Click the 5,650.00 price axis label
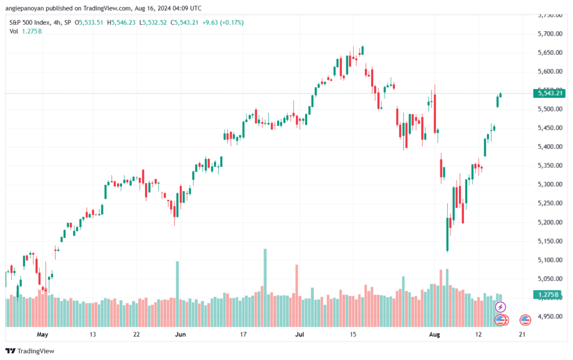(549, 53)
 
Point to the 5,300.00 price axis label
(549, 184)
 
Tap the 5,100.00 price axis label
(549, 260)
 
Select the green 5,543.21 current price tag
(549, 93)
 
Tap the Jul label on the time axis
(300, 334)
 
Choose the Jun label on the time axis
(180, 334)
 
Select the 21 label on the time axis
(522, 334)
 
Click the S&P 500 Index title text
(31, 22)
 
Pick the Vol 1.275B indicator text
(26, 31)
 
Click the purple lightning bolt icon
(501, 307)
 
